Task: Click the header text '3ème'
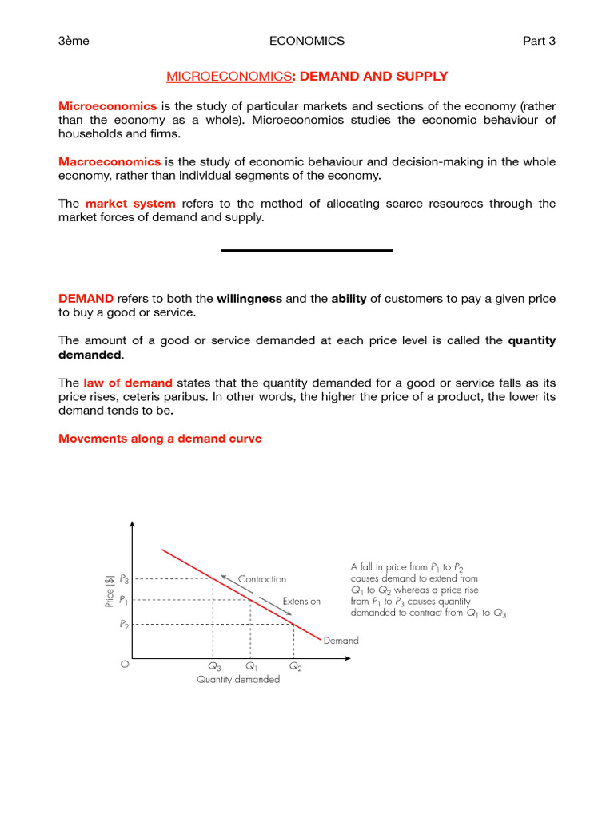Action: pyautogui.click(x=74, y=41)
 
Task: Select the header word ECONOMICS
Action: pyautogui.click(x=307, y=41)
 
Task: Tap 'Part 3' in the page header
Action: pyautogui.click(x=539, y=41)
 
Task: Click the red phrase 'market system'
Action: pyautogui.click(x=130, y=204)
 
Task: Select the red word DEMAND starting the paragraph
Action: pyautogui.click(x=86, y=299)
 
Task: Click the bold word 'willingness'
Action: pyautogui.click(x=249, y=299)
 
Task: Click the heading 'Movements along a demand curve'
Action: pyautogui.click(x=160, y=439)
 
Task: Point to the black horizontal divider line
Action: pyautogui.click(x=307, y=251)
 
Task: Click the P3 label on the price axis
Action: pyautogui.click(x=123, y=578)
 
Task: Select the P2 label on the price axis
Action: pyautogui.click(x=123, y=625)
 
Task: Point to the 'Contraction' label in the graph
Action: pyautogui.click(x=261, y=579)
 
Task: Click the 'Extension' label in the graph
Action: pyautogui.click(x=301, y=602)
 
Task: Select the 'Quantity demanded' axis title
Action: pyautogui.click(x=238, y=680)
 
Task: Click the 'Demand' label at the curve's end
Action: pyautogui.click(x=341, y=641)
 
